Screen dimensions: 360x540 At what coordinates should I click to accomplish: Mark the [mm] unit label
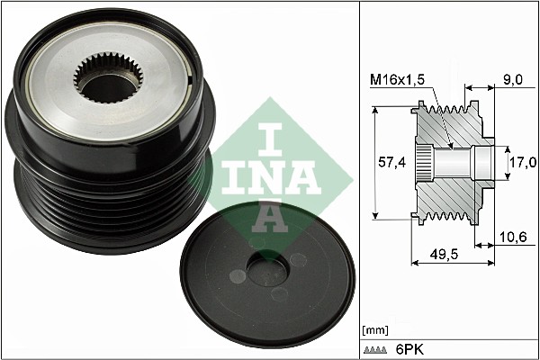click(373, 330)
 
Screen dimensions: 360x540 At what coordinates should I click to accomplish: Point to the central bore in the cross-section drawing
click(459, 163)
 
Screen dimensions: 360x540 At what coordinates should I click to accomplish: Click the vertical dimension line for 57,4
click(375, 163)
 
